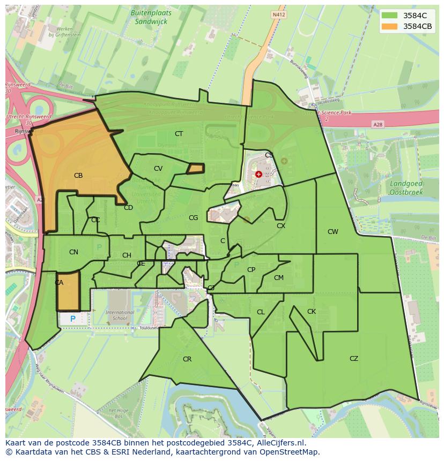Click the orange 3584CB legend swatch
pos(390,26)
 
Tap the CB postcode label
pos(78,176)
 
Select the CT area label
pos(179,134)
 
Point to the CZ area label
pos(353,359)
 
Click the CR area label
pos(187,359)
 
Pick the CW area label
pos(332,232)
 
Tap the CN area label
pos(73,252)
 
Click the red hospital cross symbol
pos(258,174)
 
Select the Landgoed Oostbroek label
pos(405,187)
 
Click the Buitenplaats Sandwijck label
pos(149,18)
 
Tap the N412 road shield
pos(278,16)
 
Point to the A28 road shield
pos(378,124)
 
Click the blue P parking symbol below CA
pos(72,319)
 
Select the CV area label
pos(158,169)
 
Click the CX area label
pos(280,226)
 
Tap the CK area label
pos(311,312)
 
